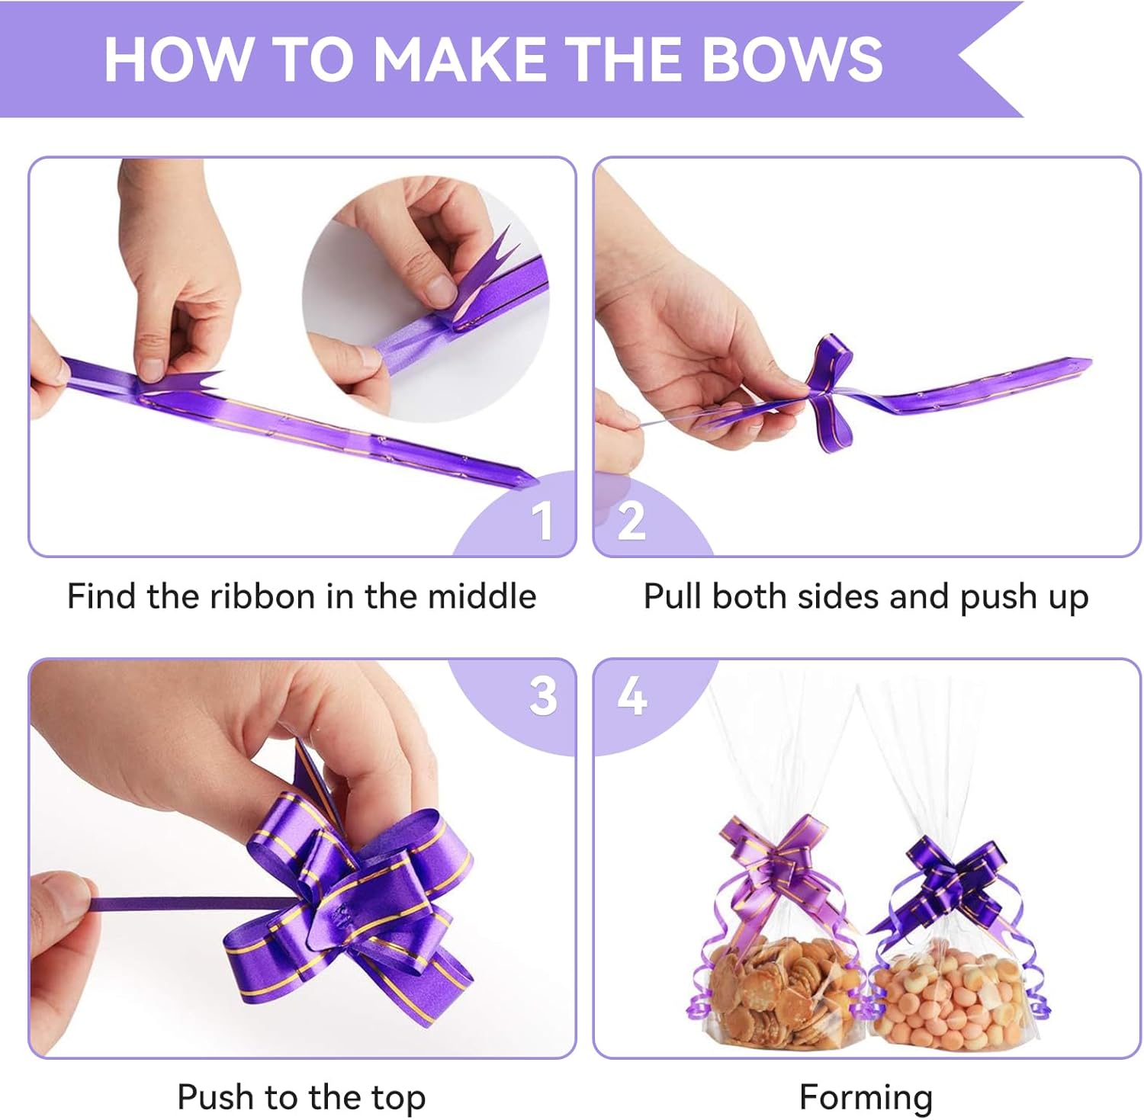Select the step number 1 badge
click(541, 521)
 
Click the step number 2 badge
click(631, 521)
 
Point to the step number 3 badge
click(543, 695)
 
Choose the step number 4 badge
click(632, 695)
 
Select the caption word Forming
click(866, 1098)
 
